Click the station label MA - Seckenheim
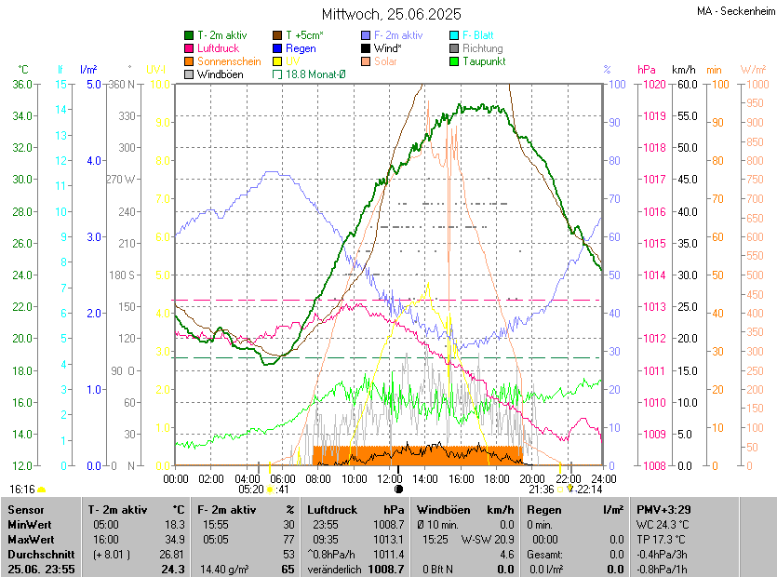(734, 10)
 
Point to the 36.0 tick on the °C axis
(21, 84)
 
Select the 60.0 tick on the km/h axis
(685, 84)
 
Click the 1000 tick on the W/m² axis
(754, 84)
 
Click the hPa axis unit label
(646, 70)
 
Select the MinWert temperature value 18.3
(174, 525)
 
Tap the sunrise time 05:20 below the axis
(250, 489)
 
